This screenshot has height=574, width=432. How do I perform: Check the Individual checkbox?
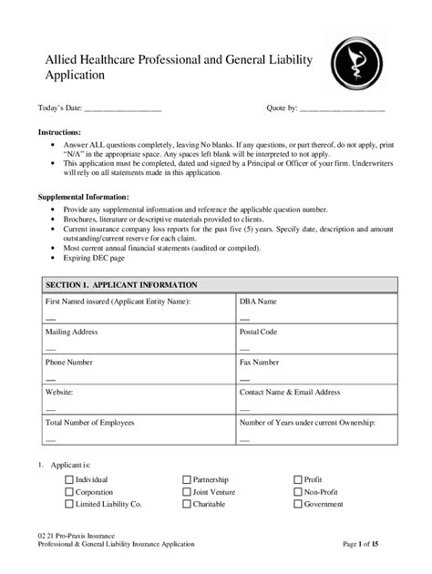(x=69, y=479)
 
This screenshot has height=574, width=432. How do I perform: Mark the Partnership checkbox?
(x=187, y=479)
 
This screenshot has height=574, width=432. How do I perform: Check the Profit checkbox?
(x=298, y=479)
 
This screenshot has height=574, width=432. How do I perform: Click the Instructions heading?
(x=59, y=133)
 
